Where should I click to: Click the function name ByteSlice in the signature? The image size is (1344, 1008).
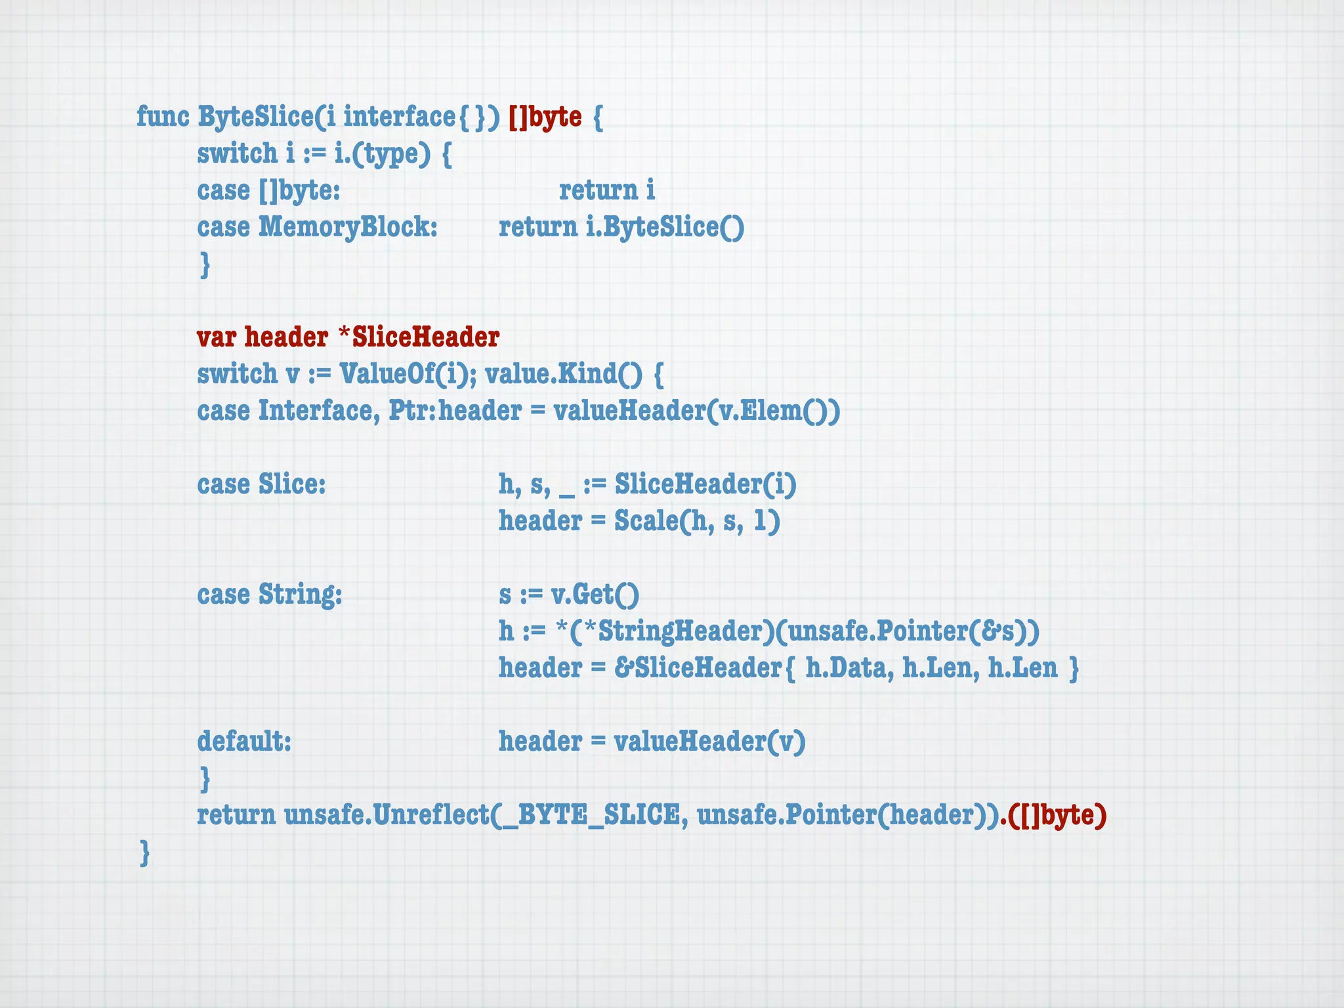click(x=255, y=117)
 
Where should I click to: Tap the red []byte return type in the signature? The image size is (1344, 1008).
click(x=545, y=117)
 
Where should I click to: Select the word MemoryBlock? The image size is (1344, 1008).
click(x=347, y=227)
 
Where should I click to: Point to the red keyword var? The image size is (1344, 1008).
click(x=216, y=337)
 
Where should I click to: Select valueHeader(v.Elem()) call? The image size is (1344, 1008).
click(x=696, y=411)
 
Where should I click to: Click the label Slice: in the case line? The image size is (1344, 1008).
click(x=291, y=484)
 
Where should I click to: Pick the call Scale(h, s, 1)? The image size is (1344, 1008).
click(x=697, y=521)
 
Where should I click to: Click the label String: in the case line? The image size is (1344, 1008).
click(x=300, y=595)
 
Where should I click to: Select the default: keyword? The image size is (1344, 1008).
click(x=244, y=742)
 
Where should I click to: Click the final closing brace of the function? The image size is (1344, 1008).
click(x=145, y=852)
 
